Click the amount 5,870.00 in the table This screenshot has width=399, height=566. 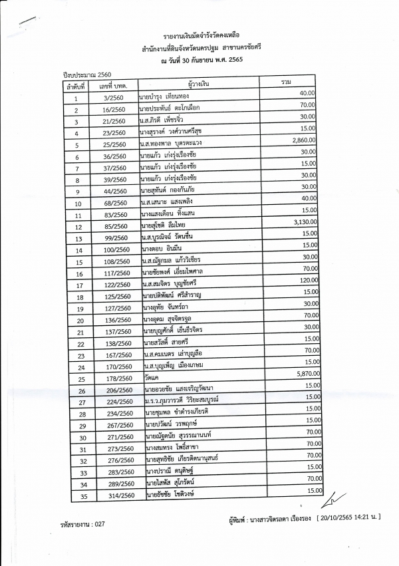pos(303,374)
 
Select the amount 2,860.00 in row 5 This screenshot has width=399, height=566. pos(303,140)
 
